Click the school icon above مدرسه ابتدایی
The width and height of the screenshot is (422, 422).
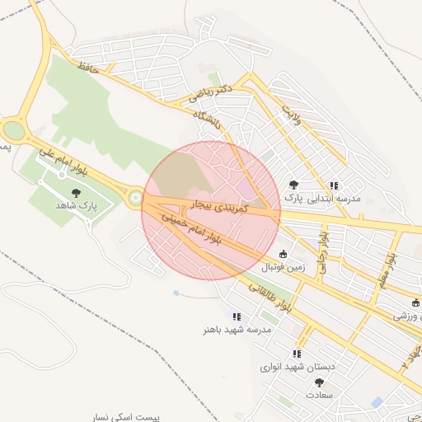(333, 186)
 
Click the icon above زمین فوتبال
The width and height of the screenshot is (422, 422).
(284, 255)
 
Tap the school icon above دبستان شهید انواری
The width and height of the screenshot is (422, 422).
(297, 354)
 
